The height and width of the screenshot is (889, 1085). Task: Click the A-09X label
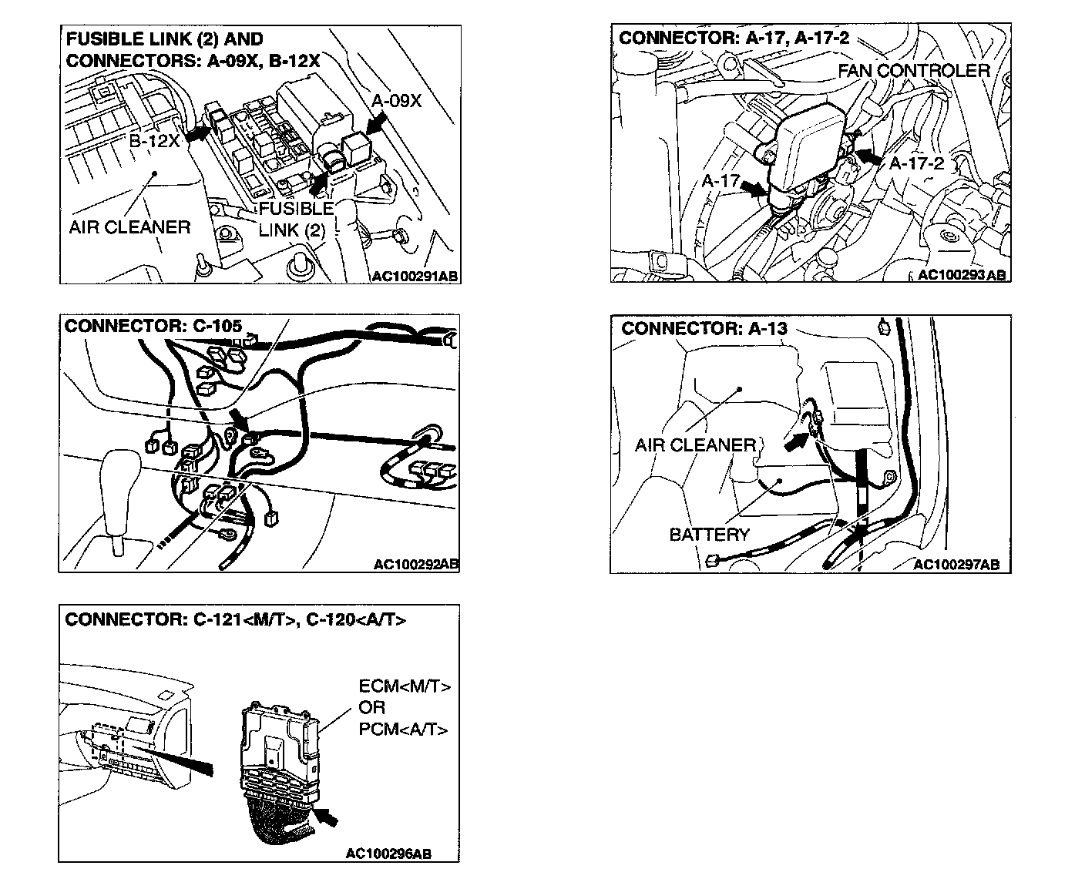click(x=397, y=101)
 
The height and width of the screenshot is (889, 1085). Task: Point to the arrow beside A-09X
click(x=375, y=126)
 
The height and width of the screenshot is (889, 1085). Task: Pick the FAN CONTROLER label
click(x=913, y=71)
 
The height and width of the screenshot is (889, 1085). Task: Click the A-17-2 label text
click(x=916, y=164)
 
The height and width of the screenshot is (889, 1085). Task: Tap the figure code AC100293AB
click(x=962, y=275)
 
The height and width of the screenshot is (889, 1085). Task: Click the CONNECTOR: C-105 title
click(x=153, y=325)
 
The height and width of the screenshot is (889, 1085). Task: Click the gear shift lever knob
click(x=120, y=466)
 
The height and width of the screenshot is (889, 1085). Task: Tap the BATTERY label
click(x=709, y=535)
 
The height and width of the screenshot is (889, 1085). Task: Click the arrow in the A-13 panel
click(x=797, y=440)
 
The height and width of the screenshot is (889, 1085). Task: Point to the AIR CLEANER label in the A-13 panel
click(x=695, y=445)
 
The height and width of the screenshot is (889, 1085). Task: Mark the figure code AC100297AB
click(x=956, y=565)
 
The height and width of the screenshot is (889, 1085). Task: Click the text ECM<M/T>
click(x=405, y=686)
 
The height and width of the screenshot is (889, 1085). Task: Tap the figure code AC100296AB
click(x=388, y=853)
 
